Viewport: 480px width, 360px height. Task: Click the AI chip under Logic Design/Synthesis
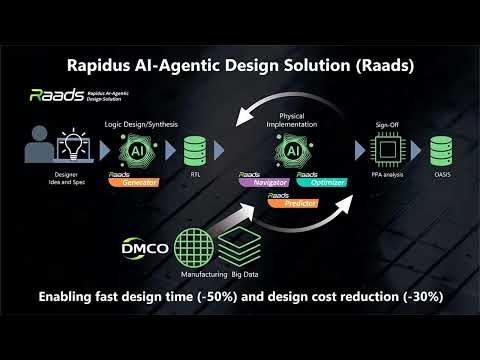[x=139, y=151]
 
